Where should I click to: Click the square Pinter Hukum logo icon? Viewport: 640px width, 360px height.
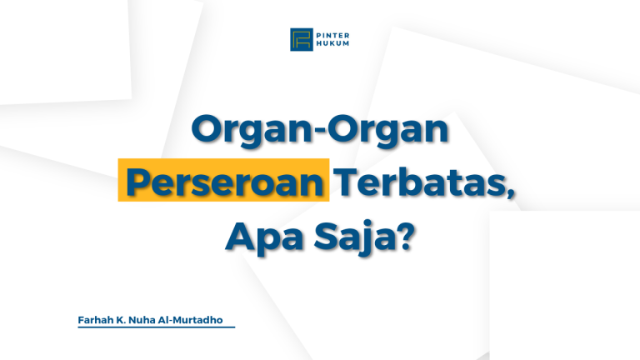click(301, 39)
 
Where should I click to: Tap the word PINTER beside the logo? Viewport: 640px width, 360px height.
click(332, 34)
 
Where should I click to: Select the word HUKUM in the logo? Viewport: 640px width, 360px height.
click(331, 44)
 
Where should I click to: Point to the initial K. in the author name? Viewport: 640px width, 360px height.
click(125, 319)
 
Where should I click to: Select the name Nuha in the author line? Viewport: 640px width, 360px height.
click(148, 319)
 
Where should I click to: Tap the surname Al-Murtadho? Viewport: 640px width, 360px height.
click(197, 319)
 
